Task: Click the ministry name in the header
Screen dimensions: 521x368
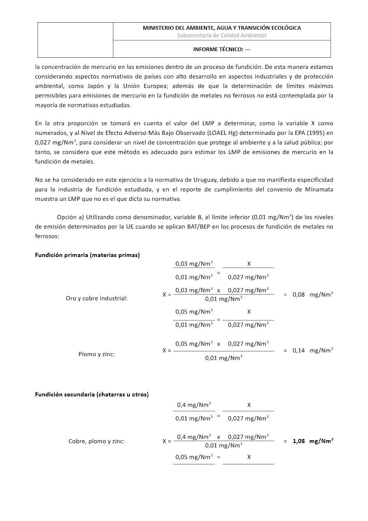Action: (x=222, y=28)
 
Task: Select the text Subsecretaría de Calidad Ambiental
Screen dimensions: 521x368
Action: (x=222, y=35)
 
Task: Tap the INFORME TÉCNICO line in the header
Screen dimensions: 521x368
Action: (x=222, y=49)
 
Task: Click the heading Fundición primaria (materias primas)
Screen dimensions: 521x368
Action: (x=87, y=255)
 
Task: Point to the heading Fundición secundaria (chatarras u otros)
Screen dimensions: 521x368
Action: (x=92, y=394)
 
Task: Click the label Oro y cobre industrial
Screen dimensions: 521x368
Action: (x=97, y=298)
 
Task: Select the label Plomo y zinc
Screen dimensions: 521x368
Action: (x=97, y=354)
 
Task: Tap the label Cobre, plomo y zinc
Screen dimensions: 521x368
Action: (x=97, y=441)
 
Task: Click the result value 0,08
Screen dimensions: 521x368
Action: (x=299, y=295)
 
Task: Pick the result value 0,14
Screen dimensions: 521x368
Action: (x=299, y=351)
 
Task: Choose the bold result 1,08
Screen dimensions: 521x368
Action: (x=299, y=441)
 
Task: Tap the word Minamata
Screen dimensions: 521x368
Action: (x=319, y=190)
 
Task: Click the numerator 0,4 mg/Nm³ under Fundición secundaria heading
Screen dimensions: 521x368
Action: (x=193, y=405)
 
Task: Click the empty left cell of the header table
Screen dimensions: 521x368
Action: (x=75, y=40)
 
